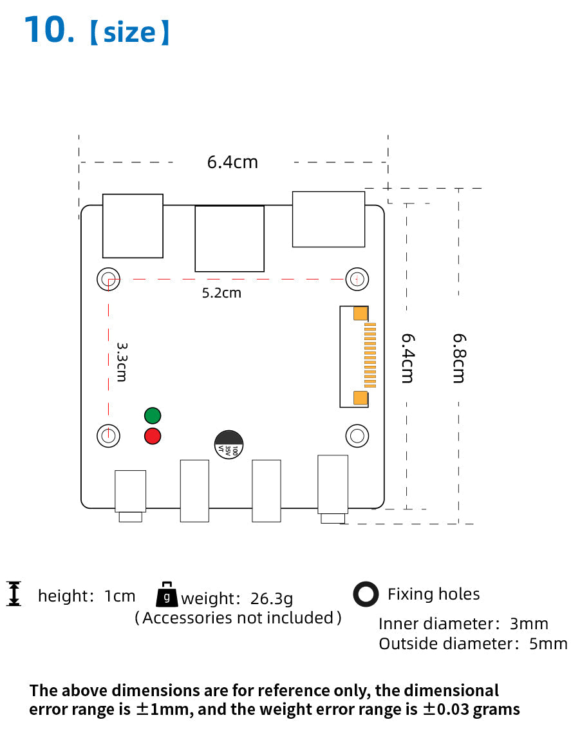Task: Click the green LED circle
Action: pyautogui.click(x=153, y=416)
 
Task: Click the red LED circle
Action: pyautogui.click(x=153, y=436)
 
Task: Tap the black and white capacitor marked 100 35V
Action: pyautogui.click(x=229, y=444)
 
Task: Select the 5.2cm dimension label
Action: pyautogui.click(x=221, y=293)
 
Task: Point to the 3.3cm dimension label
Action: pyautogui.click(x=122, y=362)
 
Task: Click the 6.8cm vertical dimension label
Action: pyautogui.click(x=459, y=358)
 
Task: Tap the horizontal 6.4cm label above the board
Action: pyautogui.click(x=232, y=162)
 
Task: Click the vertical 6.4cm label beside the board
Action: pyautogui.click(x=407, y=358)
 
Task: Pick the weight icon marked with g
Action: pyautogui.click(x=167, y=594)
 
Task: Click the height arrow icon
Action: pyautogui.click(x=14, y=594)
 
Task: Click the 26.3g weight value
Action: pyautogui.click(x=272, y=598)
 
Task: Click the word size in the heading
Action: pyautogui.click(x=129, y=33)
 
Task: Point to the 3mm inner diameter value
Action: pyautogui.click(x=529, y=624)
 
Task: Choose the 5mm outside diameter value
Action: pyautogui.click(x=548, y=644)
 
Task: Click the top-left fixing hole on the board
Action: pyautogui.click(x=109, y=279)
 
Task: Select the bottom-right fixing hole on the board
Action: pyautogui.click(x=357, y=435)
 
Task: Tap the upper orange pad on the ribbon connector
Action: pyautogui.click(x=360, y=314)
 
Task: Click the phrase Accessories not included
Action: pyautogui.click(x=238, y=618)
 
